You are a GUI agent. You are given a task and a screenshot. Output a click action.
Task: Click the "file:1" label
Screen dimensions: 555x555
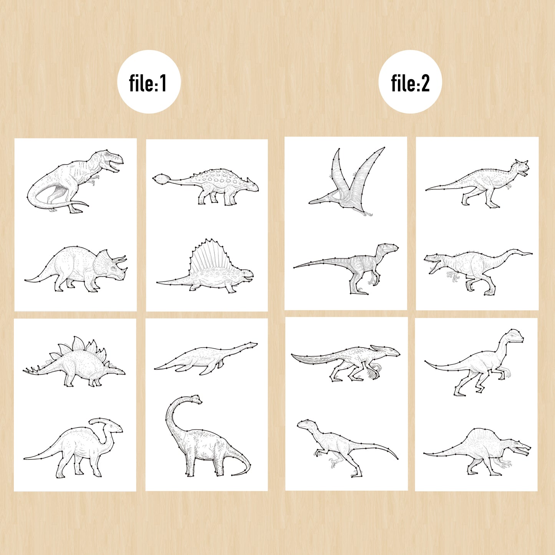click(148, 83)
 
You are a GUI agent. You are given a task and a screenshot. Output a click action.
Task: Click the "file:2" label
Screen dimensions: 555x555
click(410, 83)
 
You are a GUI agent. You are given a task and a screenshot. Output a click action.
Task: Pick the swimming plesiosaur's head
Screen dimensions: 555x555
click(250, 345)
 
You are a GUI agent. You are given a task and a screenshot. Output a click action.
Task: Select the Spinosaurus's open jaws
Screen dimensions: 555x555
click(521, 450)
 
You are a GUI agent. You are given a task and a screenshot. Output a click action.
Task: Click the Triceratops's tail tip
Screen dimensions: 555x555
click(27, 280)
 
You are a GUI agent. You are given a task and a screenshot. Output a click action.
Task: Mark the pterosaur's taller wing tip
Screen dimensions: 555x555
click(384, 148)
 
